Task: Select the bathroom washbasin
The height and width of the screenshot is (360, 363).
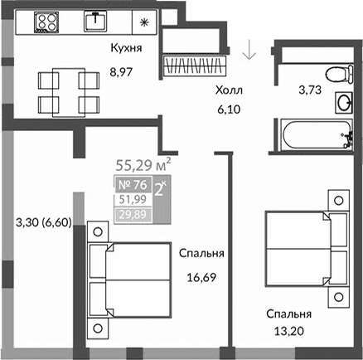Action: coord(342,104)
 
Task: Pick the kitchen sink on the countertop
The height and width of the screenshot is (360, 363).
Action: coord(98,18)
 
